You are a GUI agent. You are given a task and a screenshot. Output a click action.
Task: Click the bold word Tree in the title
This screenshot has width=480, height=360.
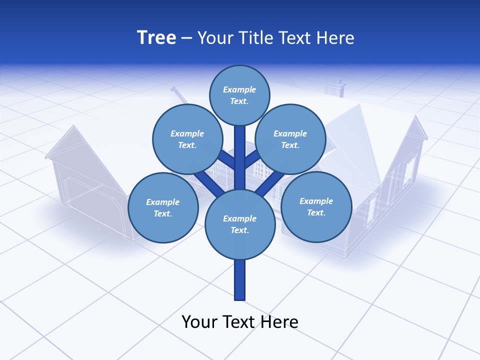coord(156,38)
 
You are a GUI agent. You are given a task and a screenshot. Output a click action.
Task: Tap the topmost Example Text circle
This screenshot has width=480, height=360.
coord(239,95)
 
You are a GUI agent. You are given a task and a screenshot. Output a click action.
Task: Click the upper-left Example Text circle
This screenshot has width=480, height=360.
coord(187,139)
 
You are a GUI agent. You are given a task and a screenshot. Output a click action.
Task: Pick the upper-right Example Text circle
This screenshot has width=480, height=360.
coord(290,139)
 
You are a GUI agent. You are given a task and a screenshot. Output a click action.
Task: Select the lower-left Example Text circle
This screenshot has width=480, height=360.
coord(162,207)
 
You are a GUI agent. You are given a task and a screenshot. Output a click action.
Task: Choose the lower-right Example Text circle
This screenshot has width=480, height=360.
coord(316,206)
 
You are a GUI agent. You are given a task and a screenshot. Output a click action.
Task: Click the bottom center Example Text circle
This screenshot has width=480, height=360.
coord(239,224)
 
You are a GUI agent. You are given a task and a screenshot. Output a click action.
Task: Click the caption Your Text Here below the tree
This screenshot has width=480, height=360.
coord(239,321)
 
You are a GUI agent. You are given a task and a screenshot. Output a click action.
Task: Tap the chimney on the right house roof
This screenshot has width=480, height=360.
coord(334,87)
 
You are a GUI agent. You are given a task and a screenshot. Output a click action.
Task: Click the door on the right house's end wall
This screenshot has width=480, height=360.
coord(372,207)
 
